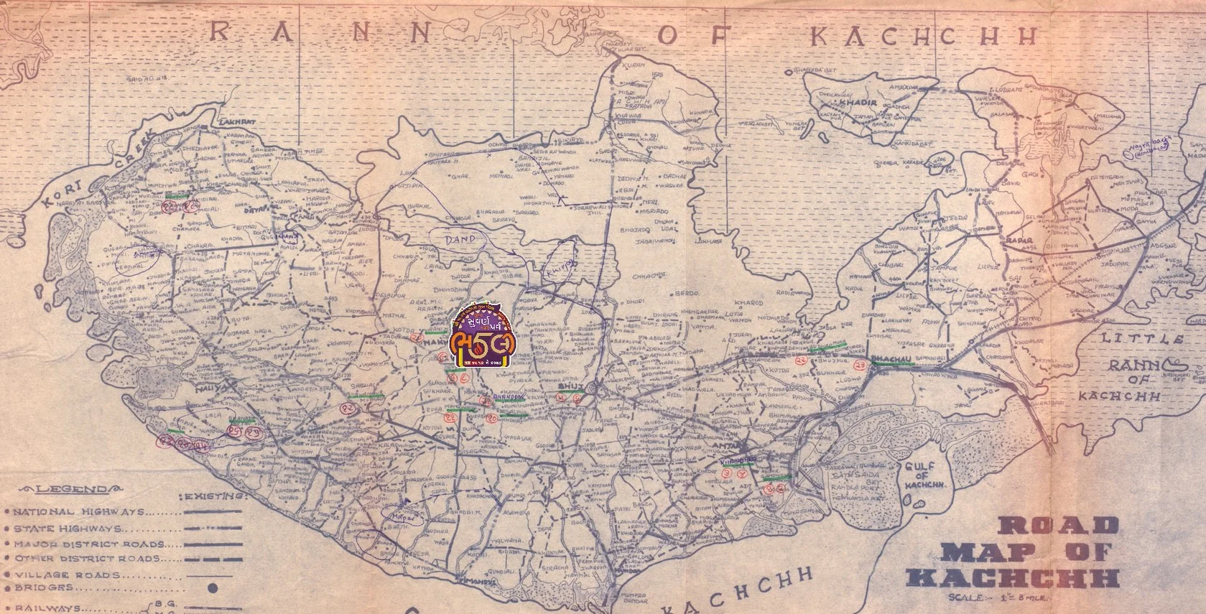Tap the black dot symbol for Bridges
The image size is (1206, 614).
(x=213, y=587)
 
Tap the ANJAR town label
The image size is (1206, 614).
(x=727, y=448)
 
